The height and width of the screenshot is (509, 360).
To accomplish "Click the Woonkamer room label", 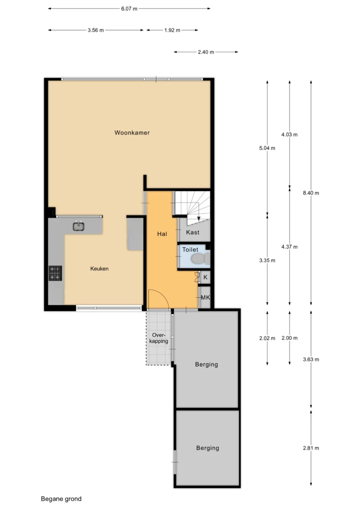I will tap(132, 133).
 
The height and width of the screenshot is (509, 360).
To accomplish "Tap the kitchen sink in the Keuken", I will tap(79, 226).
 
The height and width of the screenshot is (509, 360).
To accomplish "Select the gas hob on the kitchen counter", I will tap(55, 273).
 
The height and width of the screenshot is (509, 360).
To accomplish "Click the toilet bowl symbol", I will tap(200, 258).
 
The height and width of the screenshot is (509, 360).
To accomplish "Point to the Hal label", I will tap(162, 234).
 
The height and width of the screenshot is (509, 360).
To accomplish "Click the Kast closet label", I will tap(193, 232).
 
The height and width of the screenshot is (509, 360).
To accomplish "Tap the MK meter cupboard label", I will tap(205, 298).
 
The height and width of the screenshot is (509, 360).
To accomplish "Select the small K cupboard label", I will tap(205, 278).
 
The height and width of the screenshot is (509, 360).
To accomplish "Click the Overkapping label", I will tap(159, 338).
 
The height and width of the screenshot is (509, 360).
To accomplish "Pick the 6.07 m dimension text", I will tap(129, 9).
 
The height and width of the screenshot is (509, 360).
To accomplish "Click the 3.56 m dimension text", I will tap(96, 30).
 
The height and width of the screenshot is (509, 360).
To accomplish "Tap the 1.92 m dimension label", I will tap(172, 30).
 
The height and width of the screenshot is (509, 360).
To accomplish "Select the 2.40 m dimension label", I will tap(206, 52).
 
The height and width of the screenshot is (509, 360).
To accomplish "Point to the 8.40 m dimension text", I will tap(311, 193).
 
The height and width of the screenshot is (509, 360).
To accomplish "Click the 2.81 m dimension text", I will tap(311, 448).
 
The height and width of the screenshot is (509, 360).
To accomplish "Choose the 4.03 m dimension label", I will tap(289, 135).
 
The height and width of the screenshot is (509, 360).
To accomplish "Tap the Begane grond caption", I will tap(61, 499).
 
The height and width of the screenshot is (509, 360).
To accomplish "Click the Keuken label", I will tap(99, 269).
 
